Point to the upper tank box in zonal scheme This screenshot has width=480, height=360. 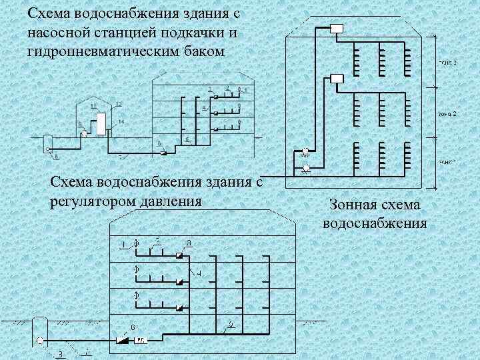pyautogui.click(x=336, y=29)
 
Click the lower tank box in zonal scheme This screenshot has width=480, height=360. pyautogui.click(x=336, y=79)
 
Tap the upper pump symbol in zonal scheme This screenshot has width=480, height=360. pyautogui.click(x=305, y=151)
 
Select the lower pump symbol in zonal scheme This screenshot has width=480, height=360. pyautogui.click(x=305, y=167)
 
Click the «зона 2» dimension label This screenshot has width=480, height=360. pyautogui.click(x=447, y=114)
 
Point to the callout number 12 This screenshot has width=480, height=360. pyautogui.click(x=119, y=104)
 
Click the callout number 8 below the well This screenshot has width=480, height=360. pyautogui.click(x=56, y=157)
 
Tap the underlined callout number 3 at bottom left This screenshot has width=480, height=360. pyautogui.click(x=60, y=353)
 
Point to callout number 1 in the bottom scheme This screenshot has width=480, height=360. pyautogui.click(x=123, y=245)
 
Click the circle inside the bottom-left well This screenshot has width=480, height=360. pyautogui.click(x=39, y=341)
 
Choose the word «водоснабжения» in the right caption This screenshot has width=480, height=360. pyautogui.click(x=375, y=222)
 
